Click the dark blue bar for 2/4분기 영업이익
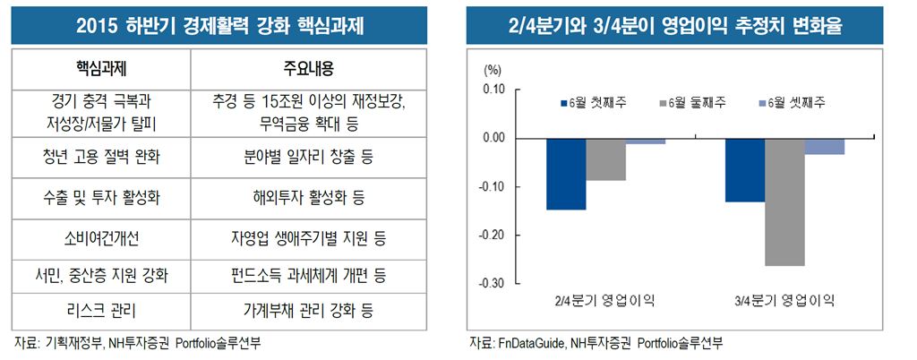[566, 175]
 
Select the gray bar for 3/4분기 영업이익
[784, 202]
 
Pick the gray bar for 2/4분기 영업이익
[606, 159]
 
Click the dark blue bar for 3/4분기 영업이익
[745, 170]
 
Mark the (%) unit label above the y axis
[493, 69]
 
